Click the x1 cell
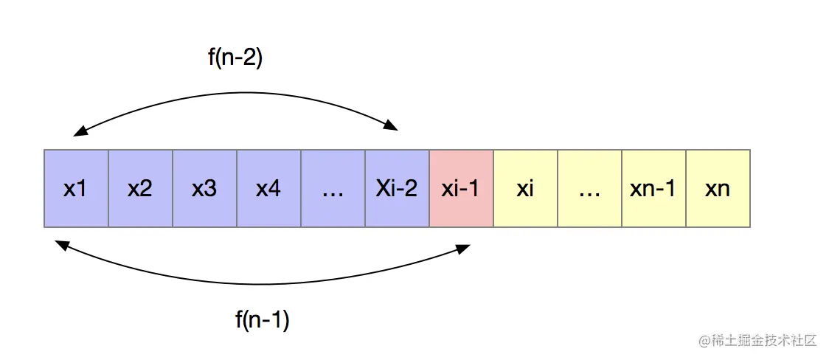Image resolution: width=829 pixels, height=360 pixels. (x=76, y=188)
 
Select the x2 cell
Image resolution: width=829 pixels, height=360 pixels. (x=140, y=188)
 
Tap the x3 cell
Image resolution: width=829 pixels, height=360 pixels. (x=204, y=188)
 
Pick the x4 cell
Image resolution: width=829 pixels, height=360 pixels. (x=268, y=188)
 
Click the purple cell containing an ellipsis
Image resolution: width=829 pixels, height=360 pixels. (x=333, y=188)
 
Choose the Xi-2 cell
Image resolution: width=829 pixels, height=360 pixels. (x=397, y=188)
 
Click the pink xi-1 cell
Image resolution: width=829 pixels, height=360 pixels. (x=461, y=188)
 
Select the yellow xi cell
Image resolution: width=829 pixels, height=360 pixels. (x=525, y=188)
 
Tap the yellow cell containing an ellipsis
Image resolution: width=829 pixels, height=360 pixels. (x=589, y=188)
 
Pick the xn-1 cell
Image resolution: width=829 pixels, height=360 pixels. (x=653, y=188)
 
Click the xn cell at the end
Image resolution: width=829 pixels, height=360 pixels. (x=718, y=188)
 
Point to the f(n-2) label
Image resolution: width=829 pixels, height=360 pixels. (x=235, y=59)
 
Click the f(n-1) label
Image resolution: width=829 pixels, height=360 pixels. (x=263, y=319)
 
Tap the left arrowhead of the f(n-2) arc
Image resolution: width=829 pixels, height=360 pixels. (x=78, y=134)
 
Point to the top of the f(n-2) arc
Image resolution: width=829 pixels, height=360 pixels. (x=236, y=93)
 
